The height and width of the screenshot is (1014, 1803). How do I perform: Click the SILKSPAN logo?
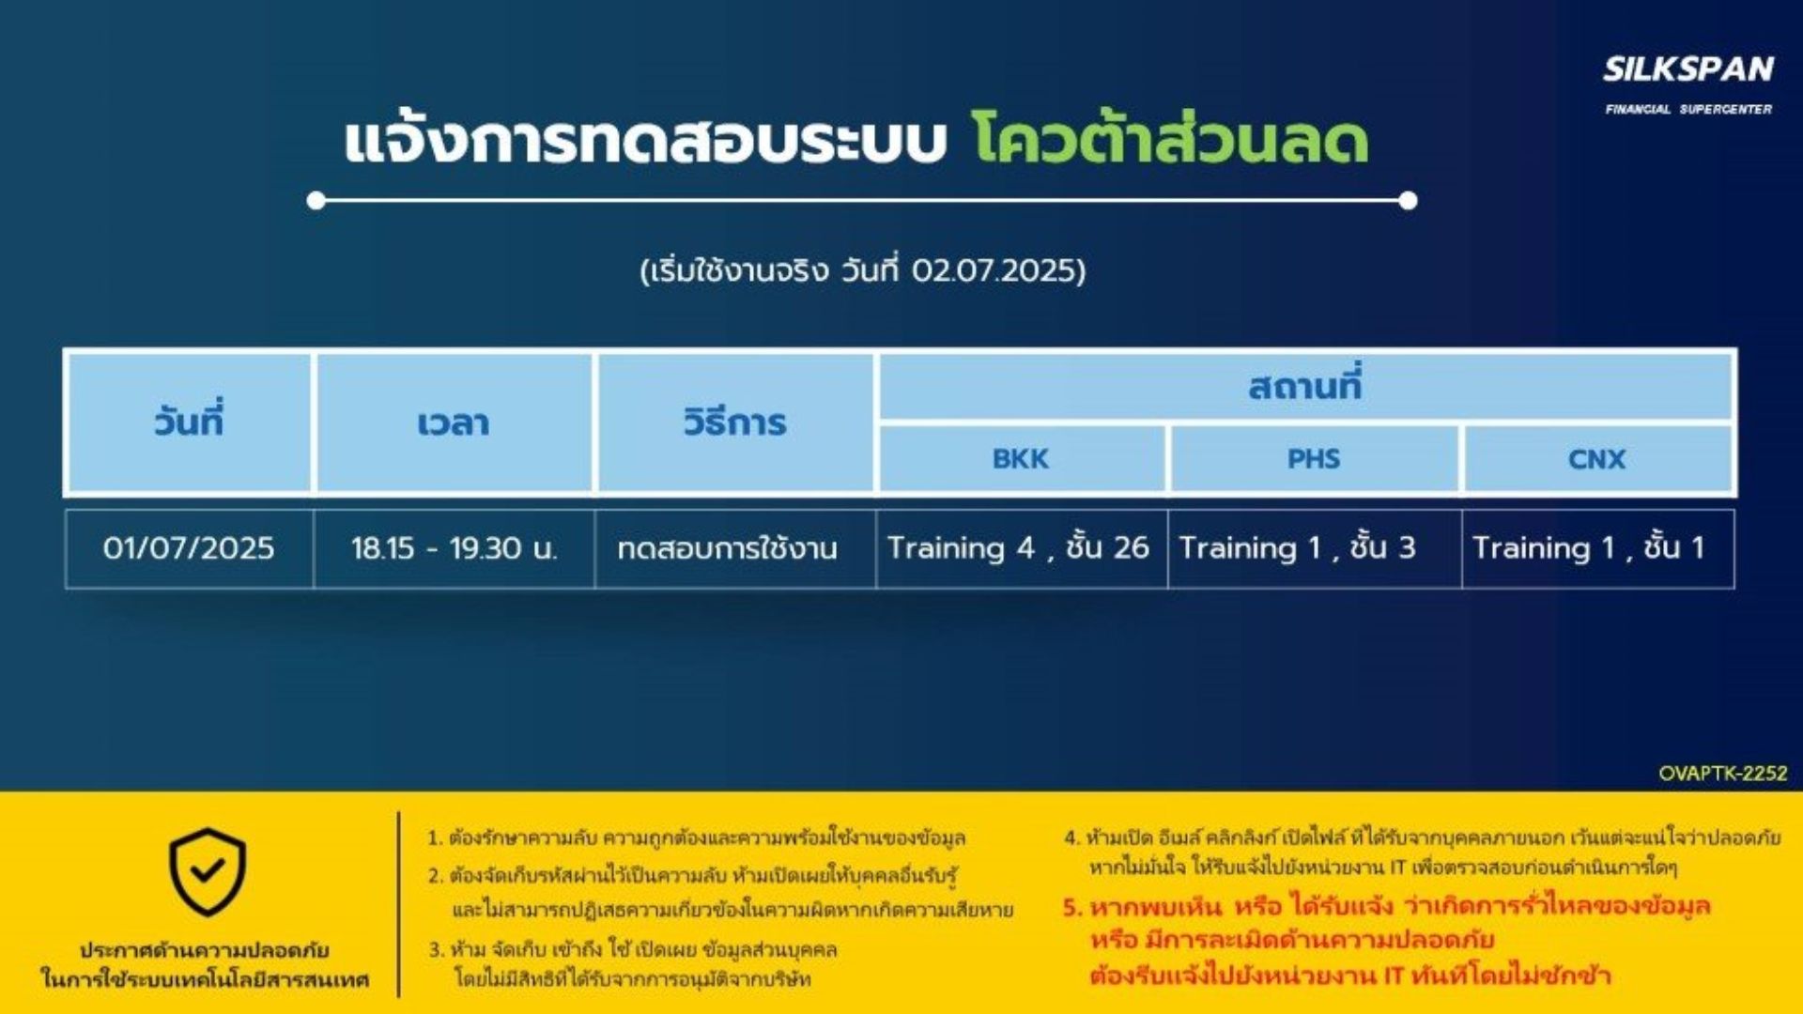(x=1688, y=84)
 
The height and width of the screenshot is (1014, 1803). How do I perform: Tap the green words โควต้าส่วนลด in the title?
(x=1170, y=139)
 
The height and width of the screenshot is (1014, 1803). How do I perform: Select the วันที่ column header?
(x=189, y=422)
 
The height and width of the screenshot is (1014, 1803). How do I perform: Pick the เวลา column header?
(x=455, y=422)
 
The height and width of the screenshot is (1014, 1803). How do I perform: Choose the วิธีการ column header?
(x=735, y=422)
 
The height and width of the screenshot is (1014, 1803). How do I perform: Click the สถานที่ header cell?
(x=1305, y=386)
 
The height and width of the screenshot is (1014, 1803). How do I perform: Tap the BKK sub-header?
(x=1022, y=459)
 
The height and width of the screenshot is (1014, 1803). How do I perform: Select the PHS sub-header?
(x=1314, y=459)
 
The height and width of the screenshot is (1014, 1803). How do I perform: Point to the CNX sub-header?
(x=1596, y=459)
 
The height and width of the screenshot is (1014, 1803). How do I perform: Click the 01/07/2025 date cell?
(x=189, y=548)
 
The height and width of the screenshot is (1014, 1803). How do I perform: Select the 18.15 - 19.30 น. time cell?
(x=455, y=548)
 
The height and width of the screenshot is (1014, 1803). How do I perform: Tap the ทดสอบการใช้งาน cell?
(x=728, y=548)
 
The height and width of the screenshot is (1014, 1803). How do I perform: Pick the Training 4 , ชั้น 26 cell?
(x=1019, y=547)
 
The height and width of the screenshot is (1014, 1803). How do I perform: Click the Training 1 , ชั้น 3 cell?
(x=1298, y=547)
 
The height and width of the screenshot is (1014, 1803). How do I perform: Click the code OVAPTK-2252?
(x=1723, y=774)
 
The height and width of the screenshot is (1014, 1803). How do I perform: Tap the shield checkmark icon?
(x=208, y=872)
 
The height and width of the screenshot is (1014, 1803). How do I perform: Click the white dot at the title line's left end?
(x=316, y=200)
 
